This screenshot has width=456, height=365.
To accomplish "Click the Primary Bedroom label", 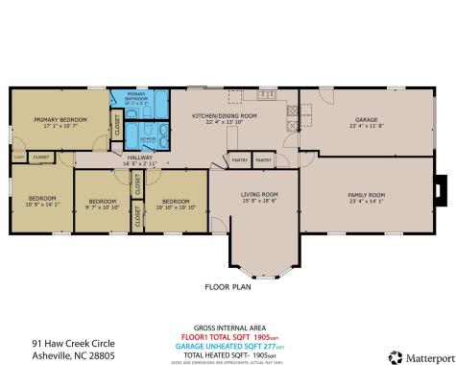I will click(60, 119).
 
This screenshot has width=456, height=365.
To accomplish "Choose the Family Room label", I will click(365, 195).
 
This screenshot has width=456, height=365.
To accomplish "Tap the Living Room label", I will click(258, 195).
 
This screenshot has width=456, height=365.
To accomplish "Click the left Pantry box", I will click(239, 160).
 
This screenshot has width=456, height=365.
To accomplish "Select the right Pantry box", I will click(264, 160).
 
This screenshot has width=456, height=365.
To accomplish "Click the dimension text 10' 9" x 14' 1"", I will click(42, 205).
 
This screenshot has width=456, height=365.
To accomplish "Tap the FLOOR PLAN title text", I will click(227, 286).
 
